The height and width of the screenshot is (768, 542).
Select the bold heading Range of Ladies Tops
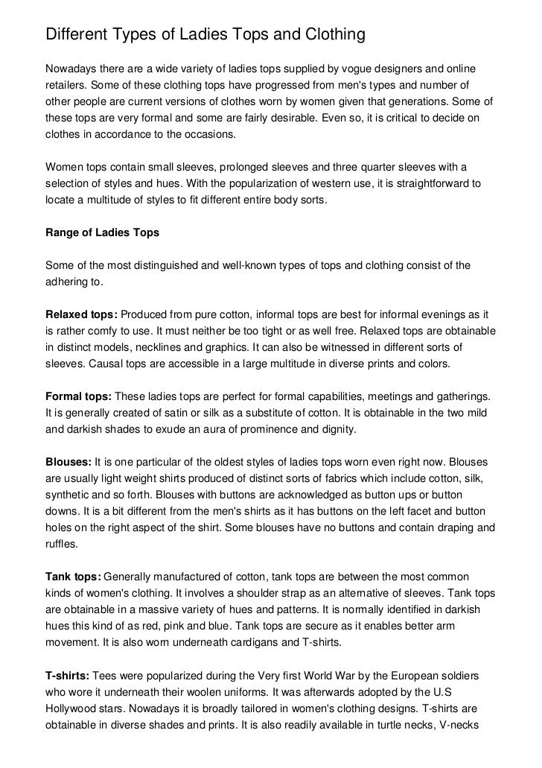pos(103,233)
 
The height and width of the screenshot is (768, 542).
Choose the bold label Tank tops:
pos(73,576)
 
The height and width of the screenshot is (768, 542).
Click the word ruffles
pos(63,543)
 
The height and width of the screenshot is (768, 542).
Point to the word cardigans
pos(251,641)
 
